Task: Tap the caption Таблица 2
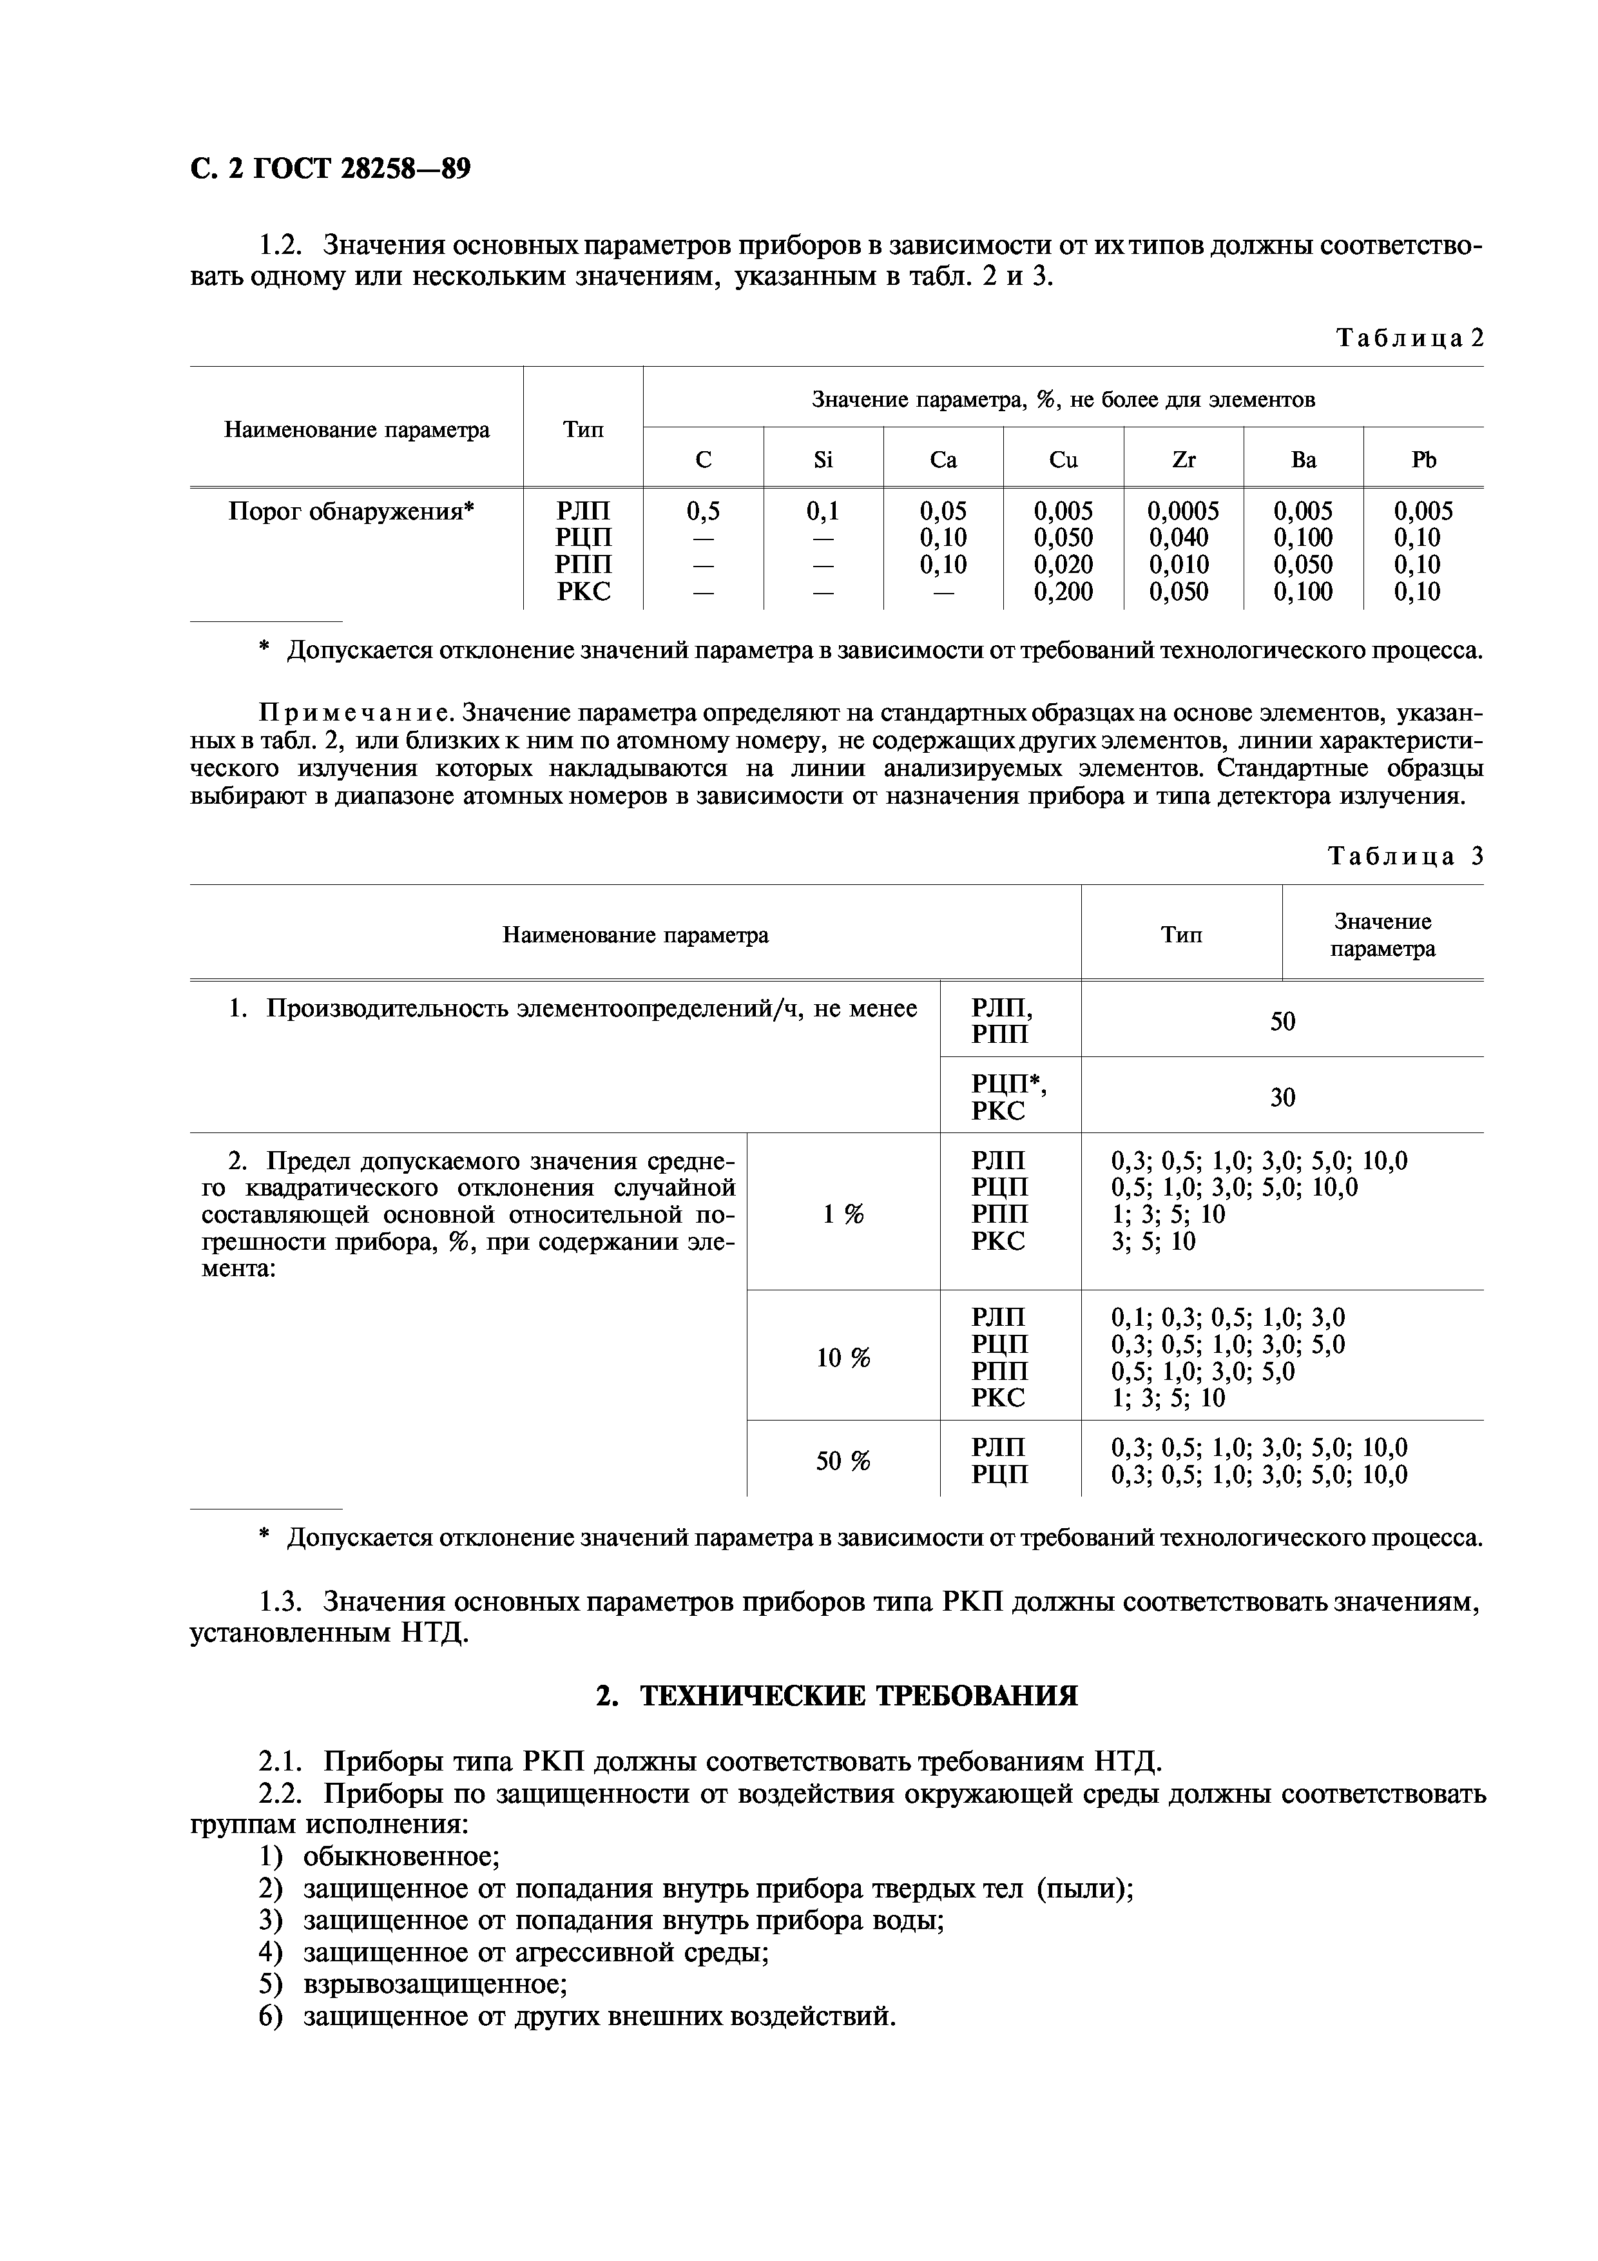[1408, 339]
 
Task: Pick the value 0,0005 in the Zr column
[1182, 511]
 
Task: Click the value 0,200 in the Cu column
[1063, 592]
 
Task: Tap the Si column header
[823, 460]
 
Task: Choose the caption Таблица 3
[1405, 856]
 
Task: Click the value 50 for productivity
[1282, 1022]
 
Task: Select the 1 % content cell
[843, 1215]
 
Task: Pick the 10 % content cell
[843, 1358]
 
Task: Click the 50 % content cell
[843, 1461]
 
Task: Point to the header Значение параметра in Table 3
[1382, 935]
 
